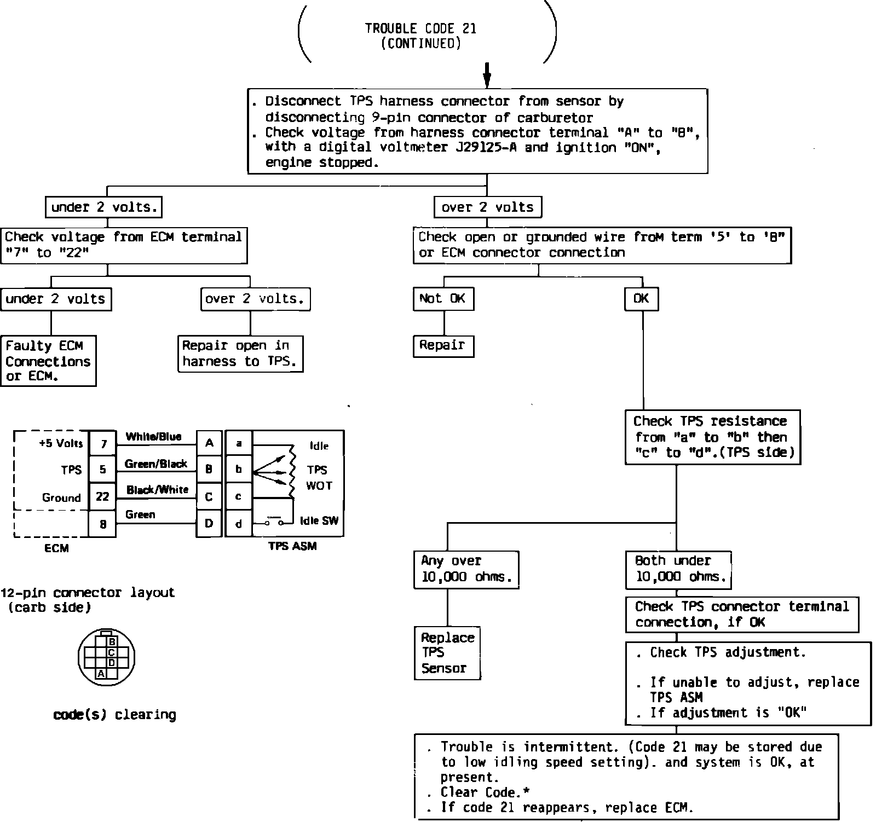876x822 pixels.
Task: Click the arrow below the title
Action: pos(487,74)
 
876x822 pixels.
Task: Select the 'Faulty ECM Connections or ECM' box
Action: pos(48,361)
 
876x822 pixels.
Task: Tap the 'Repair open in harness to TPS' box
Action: pos(240,354)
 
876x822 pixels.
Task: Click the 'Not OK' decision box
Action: pos(443,299)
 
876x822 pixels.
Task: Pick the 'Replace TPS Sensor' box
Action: pos(447,653)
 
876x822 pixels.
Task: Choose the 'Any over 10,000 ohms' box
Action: pos(466,569)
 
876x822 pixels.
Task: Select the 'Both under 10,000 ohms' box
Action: pos(678,569)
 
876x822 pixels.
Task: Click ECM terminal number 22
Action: pos(102,496)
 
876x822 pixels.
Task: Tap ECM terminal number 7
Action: pos(102,443)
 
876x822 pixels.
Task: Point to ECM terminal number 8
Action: pos(102,524)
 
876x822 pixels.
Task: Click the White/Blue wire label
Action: pos(153,437)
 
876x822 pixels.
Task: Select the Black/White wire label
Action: pos(157,490)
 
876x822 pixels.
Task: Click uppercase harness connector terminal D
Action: pos(209,524)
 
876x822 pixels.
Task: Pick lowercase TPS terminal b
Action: pos(239,469)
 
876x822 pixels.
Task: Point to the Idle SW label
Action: pos(319,521)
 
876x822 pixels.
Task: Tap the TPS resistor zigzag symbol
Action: pos(292,471)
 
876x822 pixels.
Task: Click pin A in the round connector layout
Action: pos(101,674)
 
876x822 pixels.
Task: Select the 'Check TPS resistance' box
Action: pos(713,437)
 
